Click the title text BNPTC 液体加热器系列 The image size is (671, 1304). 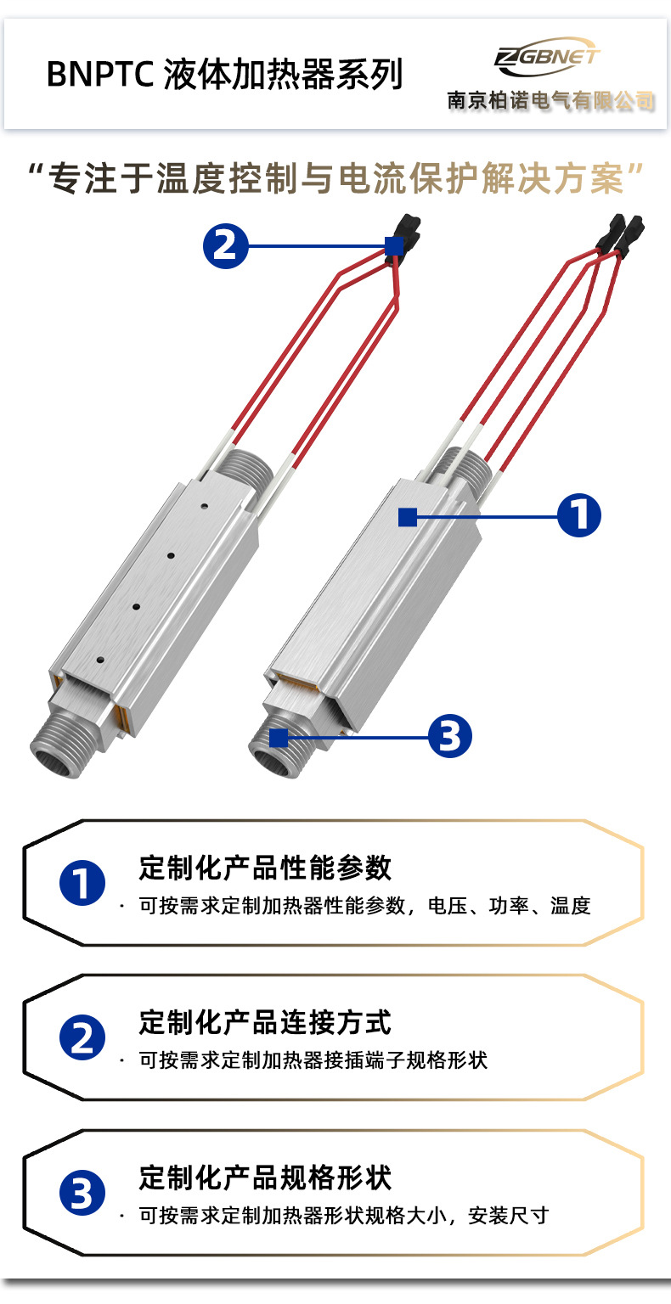[224, 75]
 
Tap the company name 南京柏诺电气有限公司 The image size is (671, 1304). [551, 101]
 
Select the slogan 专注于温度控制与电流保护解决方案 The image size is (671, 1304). [335, 179]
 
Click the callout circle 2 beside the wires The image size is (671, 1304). [225, 246]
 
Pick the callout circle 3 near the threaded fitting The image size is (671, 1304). [449, 735]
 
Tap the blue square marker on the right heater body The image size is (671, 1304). [408, 516]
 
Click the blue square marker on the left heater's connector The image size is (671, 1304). [393, 246]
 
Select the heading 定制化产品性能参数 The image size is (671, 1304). [265, 868]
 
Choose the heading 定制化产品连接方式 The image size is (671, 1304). [265, 1022]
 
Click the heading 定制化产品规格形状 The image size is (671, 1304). [265, 1178]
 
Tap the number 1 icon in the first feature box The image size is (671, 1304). [82, 884]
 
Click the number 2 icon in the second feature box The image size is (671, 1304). [82, 1038]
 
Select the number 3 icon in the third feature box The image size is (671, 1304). [82, 1194]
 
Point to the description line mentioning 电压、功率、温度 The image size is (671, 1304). [364, 906]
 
